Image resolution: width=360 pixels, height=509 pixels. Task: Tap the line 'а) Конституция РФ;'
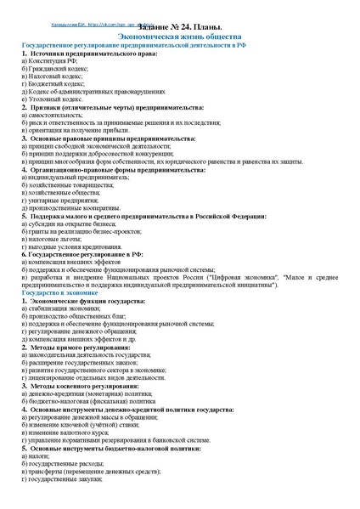pos(50,62)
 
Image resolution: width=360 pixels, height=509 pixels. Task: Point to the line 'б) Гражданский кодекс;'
pos(54,70)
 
